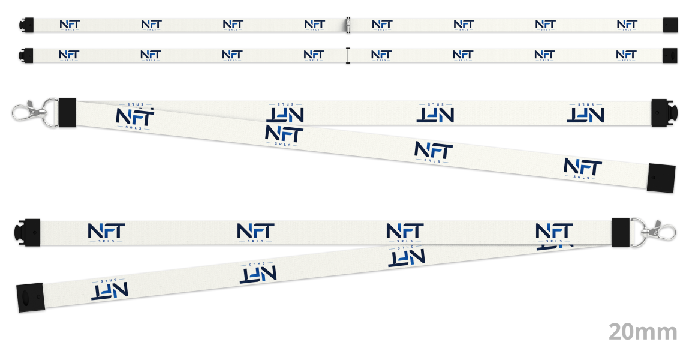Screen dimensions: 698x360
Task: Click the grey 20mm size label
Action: point(643,332)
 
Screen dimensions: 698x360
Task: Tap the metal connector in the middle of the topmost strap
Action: point(348,25)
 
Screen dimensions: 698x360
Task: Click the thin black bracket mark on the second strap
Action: point(348,55)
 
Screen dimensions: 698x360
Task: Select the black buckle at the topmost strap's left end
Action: point(26,25)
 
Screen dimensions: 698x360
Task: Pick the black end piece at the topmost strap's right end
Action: point(670,25)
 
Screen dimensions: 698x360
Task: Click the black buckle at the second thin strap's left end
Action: point(26,55)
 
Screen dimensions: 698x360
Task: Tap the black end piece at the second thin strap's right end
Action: point(670,56)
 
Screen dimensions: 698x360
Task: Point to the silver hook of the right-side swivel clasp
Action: point(660,230)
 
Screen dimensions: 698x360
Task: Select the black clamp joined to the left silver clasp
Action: point(67,113)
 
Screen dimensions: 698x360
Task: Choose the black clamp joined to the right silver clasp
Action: point(621,232)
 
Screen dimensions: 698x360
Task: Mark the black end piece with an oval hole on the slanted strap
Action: point(30,297)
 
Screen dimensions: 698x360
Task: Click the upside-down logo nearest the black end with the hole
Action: point(110,290)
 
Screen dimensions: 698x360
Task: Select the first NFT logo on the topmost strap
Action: point(70,25)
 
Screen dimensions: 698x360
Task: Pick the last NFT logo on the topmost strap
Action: point(627,25)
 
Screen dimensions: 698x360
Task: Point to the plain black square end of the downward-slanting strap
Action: point(661,178)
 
